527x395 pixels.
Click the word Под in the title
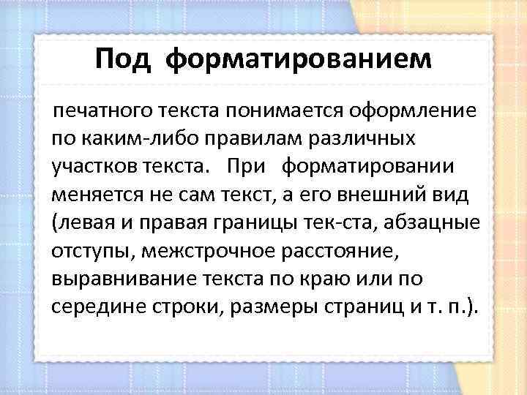pos(122,59)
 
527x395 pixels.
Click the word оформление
pos(414,111)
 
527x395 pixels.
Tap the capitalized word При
pos(249,167)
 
